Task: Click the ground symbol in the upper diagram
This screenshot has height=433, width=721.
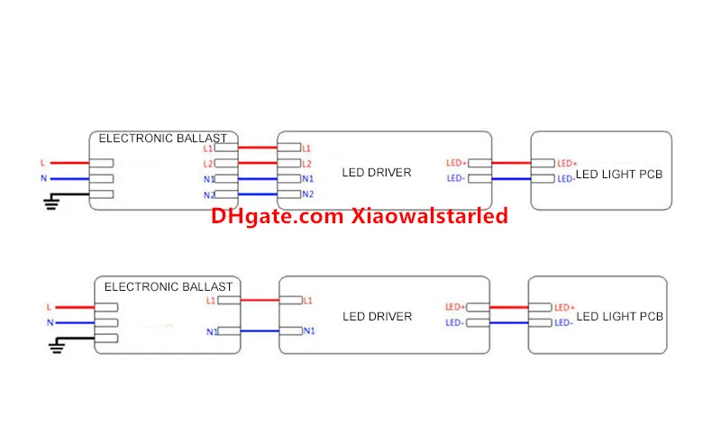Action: pos(51,202)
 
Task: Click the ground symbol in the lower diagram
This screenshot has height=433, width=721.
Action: pos(57,347)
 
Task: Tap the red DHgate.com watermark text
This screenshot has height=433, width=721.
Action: pos(359,216)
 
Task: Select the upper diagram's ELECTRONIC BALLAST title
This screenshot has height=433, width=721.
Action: pos(163,139)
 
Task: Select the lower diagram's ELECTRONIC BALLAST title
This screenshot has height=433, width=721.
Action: pos(169,286)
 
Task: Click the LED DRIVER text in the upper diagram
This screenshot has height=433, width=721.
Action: pos(377,173)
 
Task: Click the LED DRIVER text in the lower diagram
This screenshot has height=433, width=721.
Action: pos(377,316)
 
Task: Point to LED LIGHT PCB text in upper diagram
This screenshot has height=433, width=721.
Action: pos(619,175)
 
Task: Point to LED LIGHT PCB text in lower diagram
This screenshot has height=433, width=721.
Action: pos(619,316)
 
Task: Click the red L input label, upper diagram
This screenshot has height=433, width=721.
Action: pos(42,163)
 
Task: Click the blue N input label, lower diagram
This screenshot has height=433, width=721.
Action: pos(50,323)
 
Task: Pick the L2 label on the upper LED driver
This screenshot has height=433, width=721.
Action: pos(306,164)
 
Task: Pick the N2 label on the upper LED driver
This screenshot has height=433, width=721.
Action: pos(308,194)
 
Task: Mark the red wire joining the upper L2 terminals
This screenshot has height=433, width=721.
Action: pos(258,163)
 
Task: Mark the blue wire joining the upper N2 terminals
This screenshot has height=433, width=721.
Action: pos(258,194)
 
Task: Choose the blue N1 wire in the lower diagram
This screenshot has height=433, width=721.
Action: pos(260,330)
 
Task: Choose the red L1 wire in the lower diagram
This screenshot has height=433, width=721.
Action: pos(260,301)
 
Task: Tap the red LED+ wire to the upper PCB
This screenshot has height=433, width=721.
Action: pos(511,163)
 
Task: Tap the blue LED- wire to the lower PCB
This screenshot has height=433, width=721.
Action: pos(509,323)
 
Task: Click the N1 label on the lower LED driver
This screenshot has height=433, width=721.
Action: pos(309,330)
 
